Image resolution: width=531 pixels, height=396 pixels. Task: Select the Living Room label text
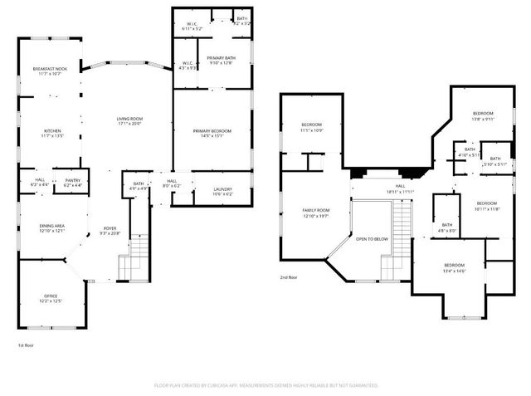click(x=129, y=120)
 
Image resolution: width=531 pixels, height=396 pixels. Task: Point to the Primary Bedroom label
click(x=212, y=131)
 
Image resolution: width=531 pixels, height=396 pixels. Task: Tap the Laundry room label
click(x=222, y=189)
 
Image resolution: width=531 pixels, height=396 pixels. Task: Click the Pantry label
click(x=72, y=180)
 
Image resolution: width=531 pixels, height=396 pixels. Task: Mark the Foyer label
click(x=110, y=229)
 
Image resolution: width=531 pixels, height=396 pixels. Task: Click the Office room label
click(x=51, y=296)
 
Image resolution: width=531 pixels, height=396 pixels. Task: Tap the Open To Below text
click(x=372, y=238)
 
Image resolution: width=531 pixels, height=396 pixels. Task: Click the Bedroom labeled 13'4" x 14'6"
click(x=455, y=266)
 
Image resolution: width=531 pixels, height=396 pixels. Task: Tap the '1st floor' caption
click(x=27, y=345)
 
